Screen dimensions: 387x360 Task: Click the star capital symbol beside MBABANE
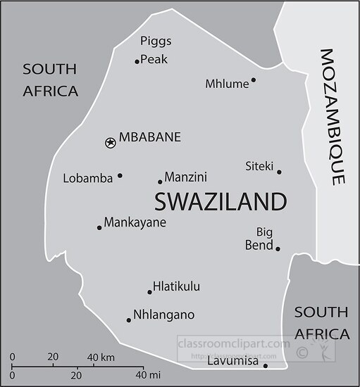(x=110, y=143)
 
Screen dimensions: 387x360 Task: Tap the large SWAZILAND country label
(x=220, y=202)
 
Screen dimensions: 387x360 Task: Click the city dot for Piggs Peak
(x=137, y=62)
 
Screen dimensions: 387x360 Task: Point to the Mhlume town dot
(x=253, y=80)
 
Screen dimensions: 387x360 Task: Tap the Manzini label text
(x=185, y=177)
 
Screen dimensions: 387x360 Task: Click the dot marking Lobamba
(x=120, y=176)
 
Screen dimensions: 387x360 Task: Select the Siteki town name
(x=259, y=166)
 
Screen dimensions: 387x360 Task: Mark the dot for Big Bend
(x=278, y=248)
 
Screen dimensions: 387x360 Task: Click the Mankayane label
(x=135, y=223)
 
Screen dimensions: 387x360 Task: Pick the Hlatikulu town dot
(x=149, y=292)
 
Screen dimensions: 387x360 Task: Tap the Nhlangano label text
(x=164, y=315)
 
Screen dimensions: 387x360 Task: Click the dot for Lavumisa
(x=266, y=366)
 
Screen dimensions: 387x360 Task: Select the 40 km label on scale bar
(x=103, y=357)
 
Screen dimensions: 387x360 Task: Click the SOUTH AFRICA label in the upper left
(x=50, y=80)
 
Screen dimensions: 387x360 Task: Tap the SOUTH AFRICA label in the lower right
(x=322, y=322)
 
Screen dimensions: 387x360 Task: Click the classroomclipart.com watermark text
(x=233, y=343)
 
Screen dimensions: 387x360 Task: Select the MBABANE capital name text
(x=150, y=137)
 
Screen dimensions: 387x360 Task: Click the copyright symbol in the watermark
(x=301, y=352)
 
